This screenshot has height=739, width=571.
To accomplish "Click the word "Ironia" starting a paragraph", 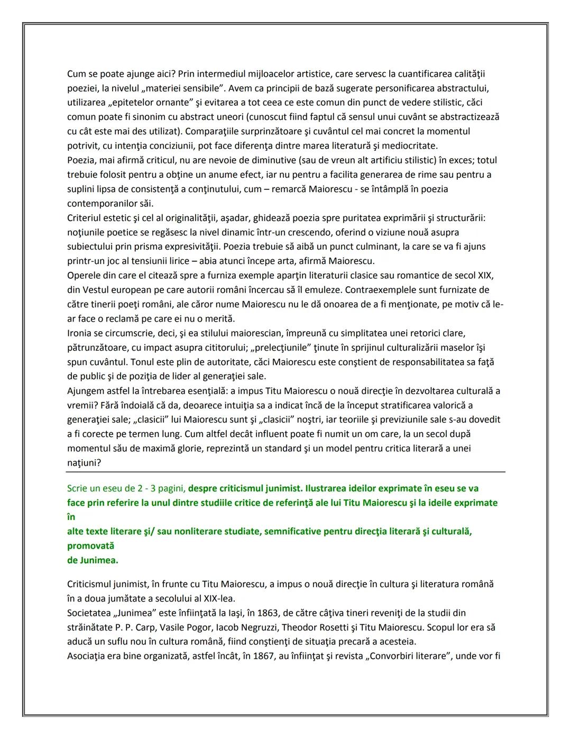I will point(79,333).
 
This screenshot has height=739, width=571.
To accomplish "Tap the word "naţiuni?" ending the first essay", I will point(84,463).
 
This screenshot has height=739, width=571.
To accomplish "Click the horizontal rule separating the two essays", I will point(285,472).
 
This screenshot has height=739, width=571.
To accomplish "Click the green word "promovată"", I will point(90,545).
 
